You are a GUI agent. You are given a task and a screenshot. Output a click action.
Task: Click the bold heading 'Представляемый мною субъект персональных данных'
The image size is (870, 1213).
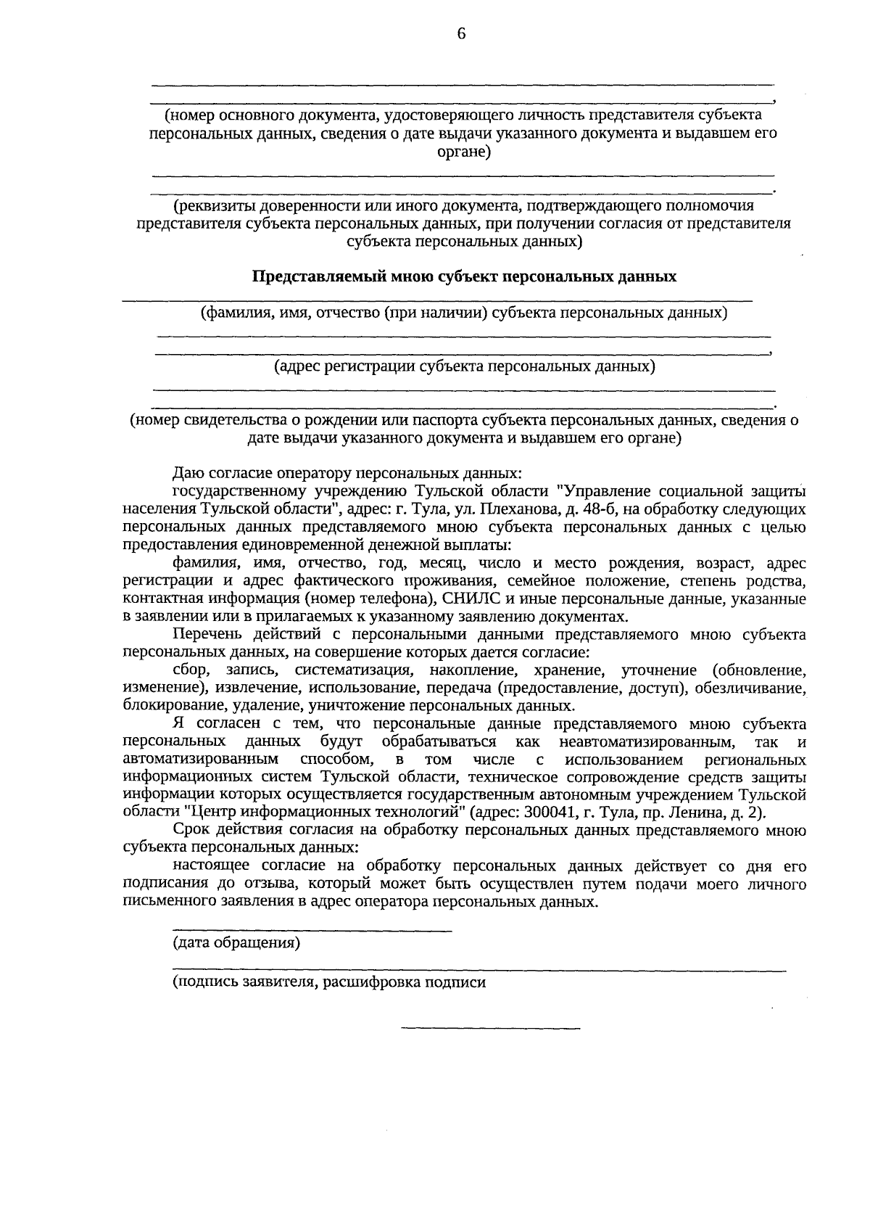coord(464,276)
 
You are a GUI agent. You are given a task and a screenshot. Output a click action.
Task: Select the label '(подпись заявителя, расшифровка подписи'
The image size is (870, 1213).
coord(328,982)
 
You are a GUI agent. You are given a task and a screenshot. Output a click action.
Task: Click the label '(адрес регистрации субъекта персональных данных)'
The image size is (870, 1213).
coord(464,366)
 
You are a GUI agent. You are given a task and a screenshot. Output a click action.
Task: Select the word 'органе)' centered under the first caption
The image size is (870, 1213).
coord(464,152)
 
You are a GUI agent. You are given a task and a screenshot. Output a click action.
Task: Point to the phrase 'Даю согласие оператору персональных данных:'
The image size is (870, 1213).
coord(347,474)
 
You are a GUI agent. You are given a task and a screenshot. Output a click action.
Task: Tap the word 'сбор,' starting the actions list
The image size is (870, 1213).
coord(192,670)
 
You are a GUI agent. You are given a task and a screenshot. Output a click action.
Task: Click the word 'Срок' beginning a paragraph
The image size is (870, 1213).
coord(191,830)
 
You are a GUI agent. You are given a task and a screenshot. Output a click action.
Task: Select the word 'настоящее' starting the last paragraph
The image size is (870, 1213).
coord(211,866)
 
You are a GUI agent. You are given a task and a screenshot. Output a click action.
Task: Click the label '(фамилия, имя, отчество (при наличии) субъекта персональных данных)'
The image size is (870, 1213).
coord(464,313)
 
